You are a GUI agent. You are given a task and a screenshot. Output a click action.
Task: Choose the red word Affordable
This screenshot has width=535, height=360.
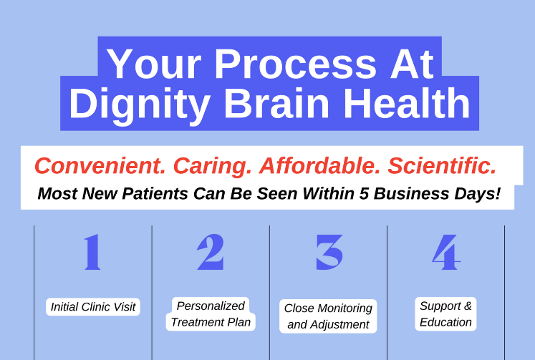320,166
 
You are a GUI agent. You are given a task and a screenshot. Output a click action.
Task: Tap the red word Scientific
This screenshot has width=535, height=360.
442,166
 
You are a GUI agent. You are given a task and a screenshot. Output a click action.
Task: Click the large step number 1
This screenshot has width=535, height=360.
92,253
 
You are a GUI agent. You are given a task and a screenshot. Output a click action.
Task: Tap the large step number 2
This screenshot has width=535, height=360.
211,253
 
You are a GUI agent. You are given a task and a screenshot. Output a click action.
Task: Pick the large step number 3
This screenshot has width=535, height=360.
329,253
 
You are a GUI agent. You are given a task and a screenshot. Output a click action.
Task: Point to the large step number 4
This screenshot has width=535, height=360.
445,253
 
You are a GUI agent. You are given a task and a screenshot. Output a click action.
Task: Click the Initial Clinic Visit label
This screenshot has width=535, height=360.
93,307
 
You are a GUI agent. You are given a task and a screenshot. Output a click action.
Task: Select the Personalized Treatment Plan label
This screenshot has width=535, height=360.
211,314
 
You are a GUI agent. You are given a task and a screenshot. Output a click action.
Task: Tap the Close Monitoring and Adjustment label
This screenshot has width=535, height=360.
328,316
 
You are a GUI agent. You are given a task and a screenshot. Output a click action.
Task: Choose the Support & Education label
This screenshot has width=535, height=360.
445,314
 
